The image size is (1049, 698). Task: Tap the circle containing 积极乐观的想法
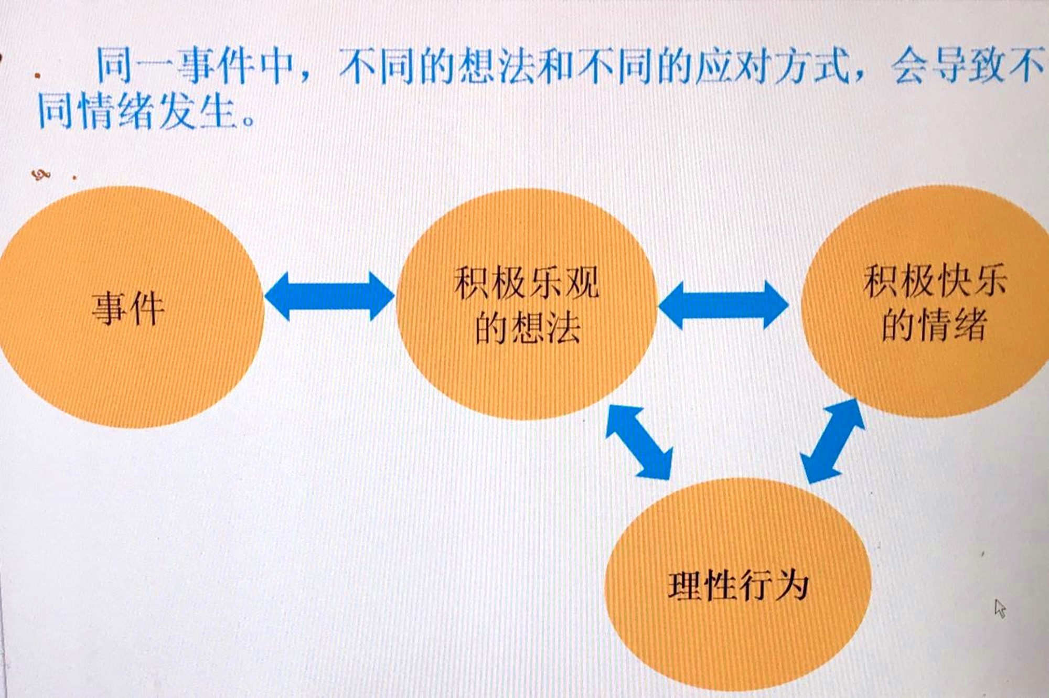(526, 304)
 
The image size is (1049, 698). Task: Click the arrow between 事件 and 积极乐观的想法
(329, 296)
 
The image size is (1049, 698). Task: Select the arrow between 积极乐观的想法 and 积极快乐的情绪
(723, 305)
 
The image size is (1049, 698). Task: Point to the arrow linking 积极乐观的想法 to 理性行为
(639, 442)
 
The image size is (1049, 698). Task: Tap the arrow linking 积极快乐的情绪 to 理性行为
(832, 441)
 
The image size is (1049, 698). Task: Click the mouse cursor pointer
(1000, 609)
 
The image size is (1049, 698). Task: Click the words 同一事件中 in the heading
(195, 66)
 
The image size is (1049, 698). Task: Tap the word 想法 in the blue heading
(498, 66)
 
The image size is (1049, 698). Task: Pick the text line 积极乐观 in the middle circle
(527, 283)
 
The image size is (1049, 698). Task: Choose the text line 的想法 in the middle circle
(528, 328)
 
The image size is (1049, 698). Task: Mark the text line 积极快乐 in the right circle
(935, 281)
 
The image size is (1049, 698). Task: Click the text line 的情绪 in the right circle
(935, 325)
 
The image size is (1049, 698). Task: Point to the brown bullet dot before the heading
(37, 76)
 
